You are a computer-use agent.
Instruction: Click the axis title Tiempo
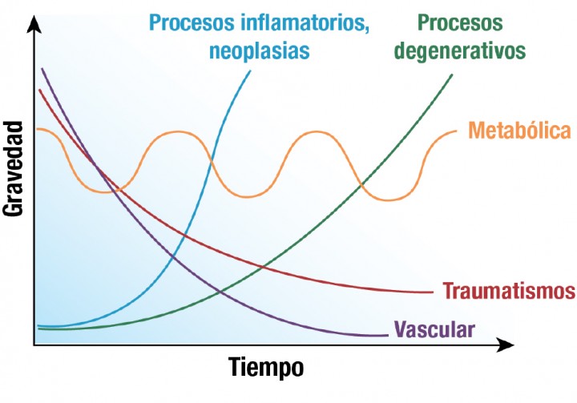[267, 369]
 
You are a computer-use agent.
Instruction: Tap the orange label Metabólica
[518, 131]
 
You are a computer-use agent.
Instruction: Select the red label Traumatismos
[509, 290]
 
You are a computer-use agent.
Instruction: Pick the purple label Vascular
[435, 328]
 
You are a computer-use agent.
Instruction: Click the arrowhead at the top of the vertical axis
[34, 24]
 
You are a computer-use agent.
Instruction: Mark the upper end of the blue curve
[250, 71]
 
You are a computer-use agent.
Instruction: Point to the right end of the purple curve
[387, 335]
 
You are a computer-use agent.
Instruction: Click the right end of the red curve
[434, 292]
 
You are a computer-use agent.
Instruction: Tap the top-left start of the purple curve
[42, 69]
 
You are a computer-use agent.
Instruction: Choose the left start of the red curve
[38, 90]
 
